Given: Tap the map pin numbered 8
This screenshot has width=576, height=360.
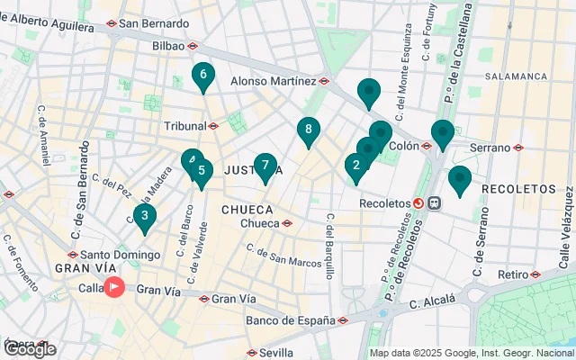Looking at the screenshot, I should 309,130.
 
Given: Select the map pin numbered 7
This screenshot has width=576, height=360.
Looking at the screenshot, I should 265,166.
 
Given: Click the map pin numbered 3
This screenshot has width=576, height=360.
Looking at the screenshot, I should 144,216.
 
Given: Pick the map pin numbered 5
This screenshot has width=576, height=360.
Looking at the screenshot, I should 202,171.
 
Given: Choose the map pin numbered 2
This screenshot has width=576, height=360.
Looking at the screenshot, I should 356,166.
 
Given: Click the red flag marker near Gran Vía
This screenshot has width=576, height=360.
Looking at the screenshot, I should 115,288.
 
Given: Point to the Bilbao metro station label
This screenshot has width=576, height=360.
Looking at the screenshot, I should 169,45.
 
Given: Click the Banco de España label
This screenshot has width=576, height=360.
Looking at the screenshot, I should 288,319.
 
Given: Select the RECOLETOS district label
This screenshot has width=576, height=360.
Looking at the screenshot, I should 519,189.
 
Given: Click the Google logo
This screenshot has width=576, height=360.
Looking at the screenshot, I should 29,349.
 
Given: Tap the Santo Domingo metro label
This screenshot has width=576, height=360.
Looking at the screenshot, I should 112,255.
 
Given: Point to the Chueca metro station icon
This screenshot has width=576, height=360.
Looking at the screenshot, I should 287,223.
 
